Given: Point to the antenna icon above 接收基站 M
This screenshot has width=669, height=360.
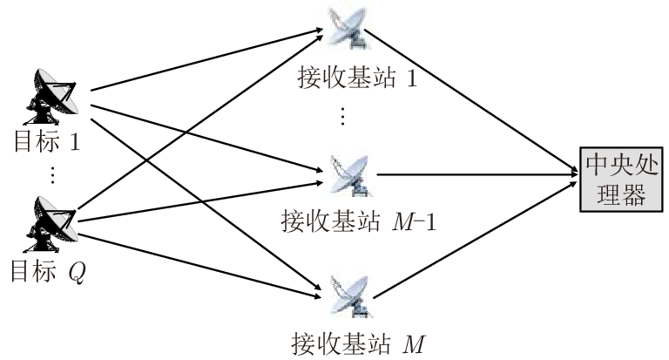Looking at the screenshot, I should (348, 294).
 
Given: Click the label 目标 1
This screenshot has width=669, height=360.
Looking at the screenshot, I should (48, 143).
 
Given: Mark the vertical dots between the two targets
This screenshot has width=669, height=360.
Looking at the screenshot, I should (51, 174).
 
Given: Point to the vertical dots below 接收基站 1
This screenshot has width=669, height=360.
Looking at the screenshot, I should (341, 115).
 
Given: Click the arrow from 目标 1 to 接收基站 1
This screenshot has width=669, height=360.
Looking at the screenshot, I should (200, 62).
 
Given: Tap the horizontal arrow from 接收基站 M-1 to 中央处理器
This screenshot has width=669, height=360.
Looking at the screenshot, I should (479, 173).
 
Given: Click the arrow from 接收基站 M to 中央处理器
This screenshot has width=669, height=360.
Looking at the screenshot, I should (475, 239).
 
